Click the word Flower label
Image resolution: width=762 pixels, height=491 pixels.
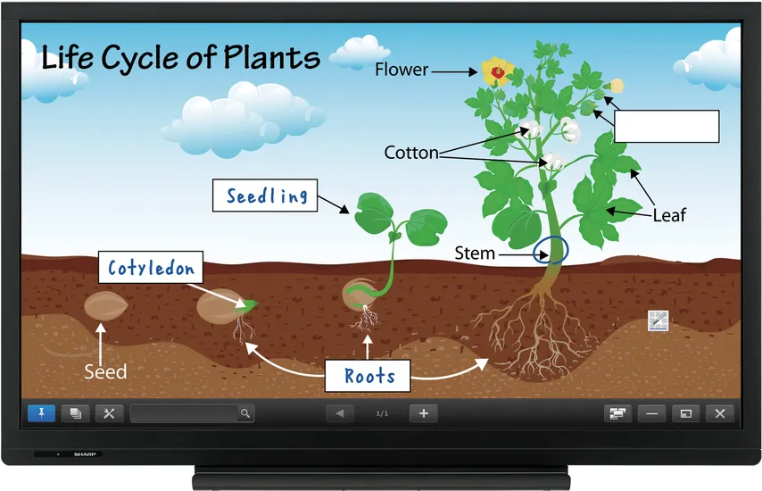point(402,70)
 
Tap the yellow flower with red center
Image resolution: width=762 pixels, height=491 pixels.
point(497,72)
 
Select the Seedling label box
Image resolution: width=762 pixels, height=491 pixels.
point(265,196)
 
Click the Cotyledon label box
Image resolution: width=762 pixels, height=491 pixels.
point(151,268)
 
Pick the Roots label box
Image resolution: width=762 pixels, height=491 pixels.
point(368,376)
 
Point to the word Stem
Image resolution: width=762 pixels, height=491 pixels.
point(475,254)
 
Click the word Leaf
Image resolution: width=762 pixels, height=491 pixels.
point(669,215)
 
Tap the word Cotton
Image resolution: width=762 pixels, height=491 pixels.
point(411,153)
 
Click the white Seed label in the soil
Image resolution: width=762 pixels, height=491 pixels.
point(105,372)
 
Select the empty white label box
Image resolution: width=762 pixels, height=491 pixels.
point(667,127)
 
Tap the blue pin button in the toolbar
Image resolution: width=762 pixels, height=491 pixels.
point(41,413)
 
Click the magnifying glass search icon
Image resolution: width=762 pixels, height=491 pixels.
point(245,413)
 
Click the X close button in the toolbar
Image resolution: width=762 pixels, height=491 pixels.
point(720,413)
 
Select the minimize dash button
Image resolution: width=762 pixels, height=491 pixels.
point(651,413)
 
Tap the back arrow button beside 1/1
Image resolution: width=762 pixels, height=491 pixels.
point(340,413)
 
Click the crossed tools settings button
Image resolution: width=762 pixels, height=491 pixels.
point(110,413)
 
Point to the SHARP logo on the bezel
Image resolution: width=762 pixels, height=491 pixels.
point(85,454)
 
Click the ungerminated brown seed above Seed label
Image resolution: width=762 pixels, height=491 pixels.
point(106,307)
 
